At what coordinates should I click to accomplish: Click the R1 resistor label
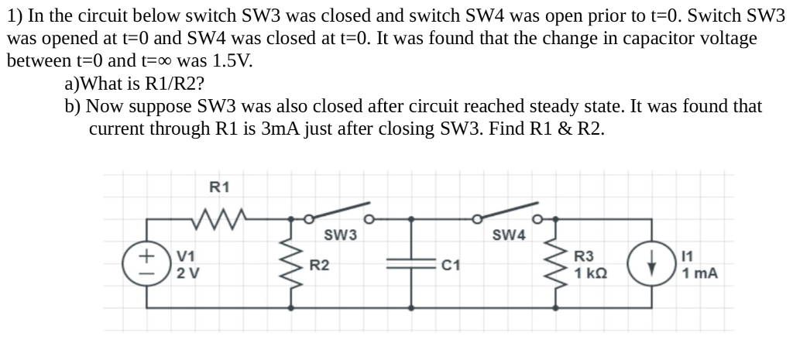(x=220, y=186)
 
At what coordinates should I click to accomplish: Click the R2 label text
(x=320, y=266)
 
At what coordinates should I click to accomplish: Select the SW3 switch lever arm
(x=339, y=213)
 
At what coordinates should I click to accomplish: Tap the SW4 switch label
(x=509, y=235)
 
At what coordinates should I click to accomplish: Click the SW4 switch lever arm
(x=508, y=212)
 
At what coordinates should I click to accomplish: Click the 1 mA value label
(x=700, y=273)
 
